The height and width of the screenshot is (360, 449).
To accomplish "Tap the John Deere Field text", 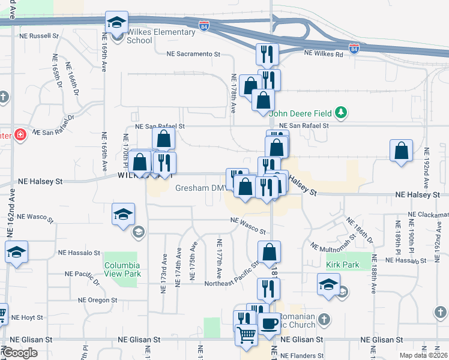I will pyautogui.click(x=300, y=113).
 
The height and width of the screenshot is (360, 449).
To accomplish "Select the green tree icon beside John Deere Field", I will pyautogui.click(x=341, y=112).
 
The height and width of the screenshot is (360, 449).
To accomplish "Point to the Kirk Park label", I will pyautogui.click(x=340, y=264).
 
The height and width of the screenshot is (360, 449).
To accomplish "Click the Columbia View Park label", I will pyautogui.click(x=122, y=269).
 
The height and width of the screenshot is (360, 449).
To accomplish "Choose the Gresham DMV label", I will pyautogui.click(x=199, y=188).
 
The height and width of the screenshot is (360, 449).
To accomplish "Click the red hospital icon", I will pyautogui.click(x=20, y=134).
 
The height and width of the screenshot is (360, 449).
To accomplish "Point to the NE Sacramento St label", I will pyautogui.click(x=193, y=54).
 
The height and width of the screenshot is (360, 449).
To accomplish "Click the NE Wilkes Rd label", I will pyautogui.click(x=324, y=54).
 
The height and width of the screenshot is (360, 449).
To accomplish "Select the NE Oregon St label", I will pyautogui.click(x=97, y=300).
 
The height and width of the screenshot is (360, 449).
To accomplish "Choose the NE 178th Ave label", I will pyautogui.click(x=234, y=93).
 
